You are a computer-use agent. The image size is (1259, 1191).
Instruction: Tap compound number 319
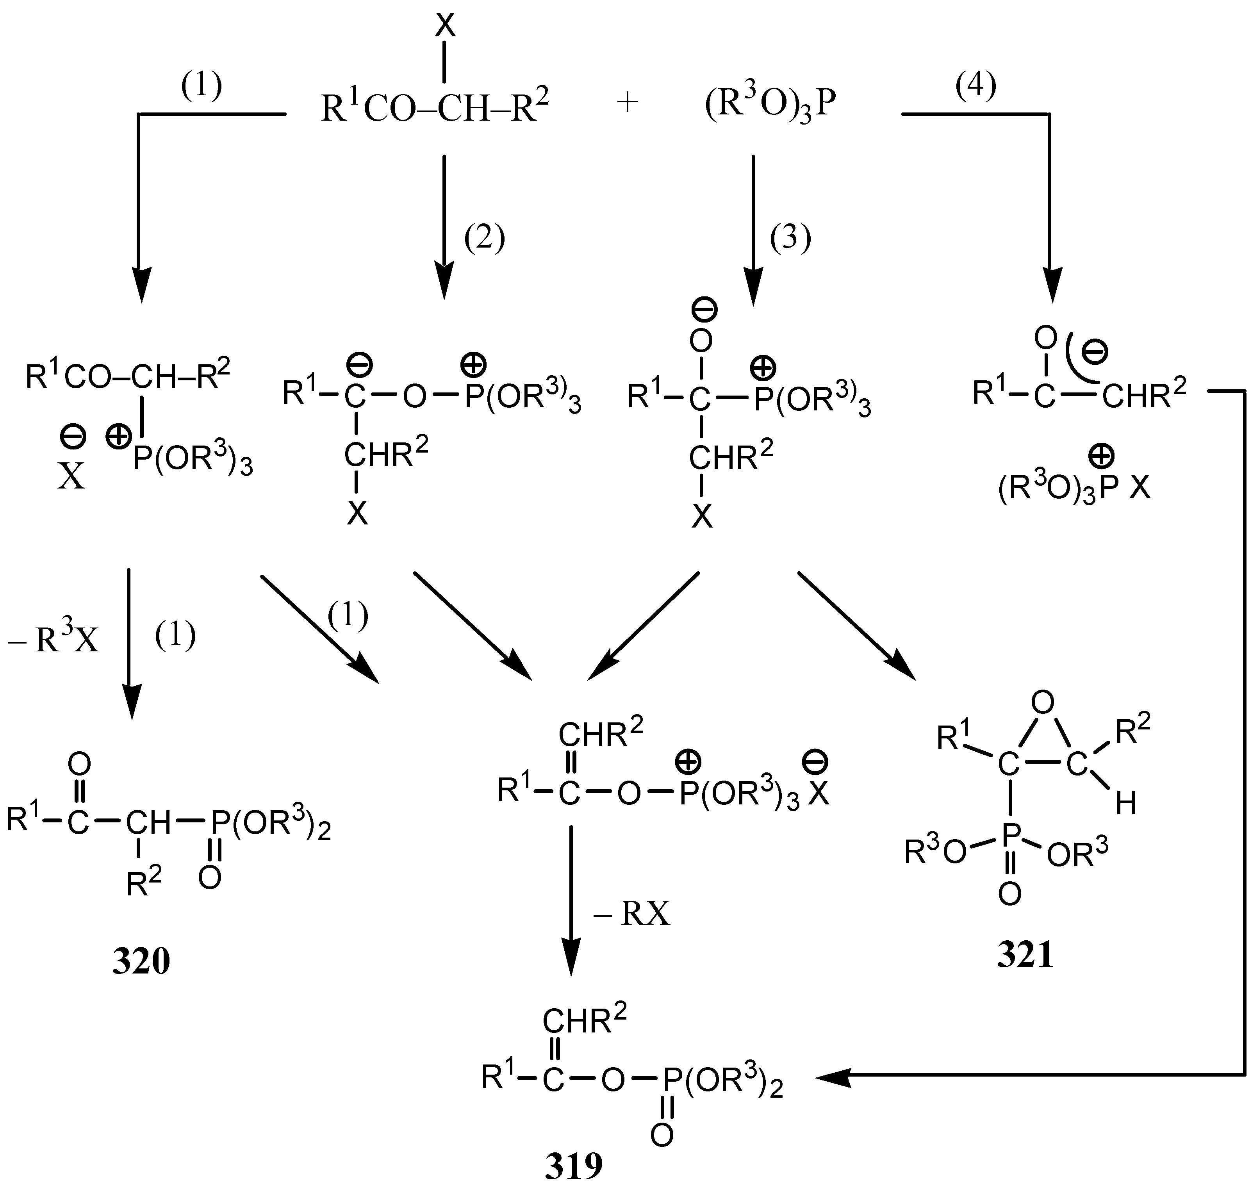click(573, 1166)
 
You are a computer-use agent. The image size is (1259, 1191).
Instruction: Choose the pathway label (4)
click(976, 85)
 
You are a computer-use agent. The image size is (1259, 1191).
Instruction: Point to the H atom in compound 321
click(1126, 804)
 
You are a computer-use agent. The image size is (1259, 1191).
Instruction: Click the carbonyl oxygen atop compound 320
click(79, 764)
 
